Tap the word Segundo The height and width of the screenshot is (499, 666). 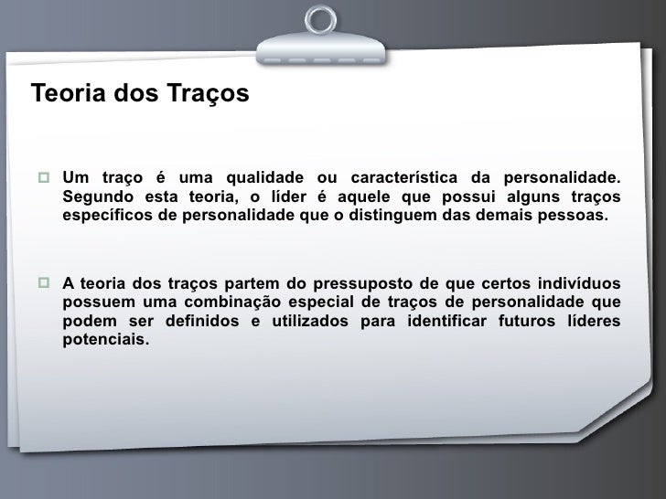tap(96, 198)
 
